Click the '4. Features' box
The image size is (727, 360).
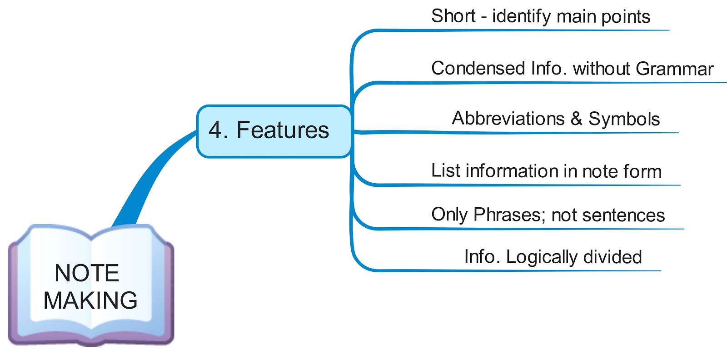(274, 131)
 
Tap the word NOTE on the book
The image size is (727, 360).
(87, 273)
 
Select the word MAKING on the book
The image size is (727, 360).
(90, 300)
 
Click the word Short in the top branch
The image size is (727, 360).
(453, 16)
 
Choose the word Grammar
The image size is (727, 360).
(674, 69)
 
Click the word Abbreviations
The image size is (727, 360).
(508, 118)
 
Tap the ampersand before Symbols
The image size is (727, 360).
(577, 119)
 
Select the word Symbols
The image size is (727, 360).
(624, 119)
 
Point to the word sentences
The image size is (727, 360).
(623, 215)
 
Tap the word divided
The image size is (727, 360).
(613, 257)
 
